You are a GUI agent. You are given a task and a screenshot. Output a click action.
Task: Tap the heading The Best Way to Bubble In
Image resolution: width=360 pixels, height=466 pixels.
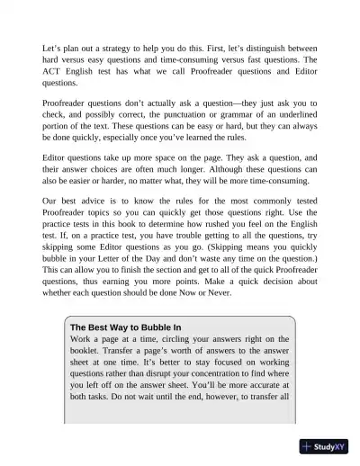(125, 327)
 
